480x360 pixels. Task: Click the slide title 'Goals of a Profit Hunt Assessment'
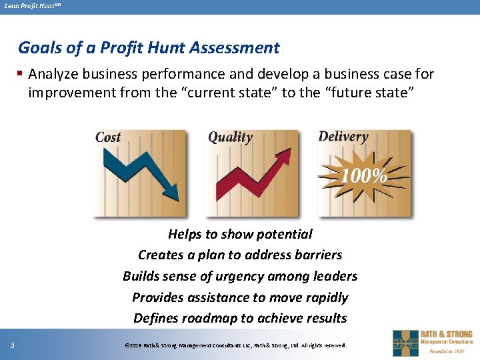[149, 48]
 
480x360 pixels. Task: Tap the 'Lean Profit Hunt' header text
[29, 7]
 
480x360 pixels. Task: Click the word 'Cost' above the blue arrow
[108, 137]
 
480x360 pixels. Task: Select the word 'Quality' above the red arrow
[230, 137]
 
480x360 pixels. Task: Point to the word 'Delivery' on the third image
[343, 137]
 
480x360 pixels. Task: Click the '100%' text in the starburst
[364, 177]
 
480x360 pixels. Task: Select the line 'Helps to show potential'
[240, 234]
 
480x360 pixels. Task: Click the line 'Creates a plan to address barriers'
[240, 255]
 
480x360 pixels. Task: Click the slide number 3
[12, 345]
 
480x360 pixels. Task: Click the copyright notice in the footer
[236, 345]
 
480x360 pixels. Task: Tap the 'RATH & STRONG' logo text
[446, 334]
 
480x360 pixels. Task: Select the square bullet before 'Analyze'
[21, 74]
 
